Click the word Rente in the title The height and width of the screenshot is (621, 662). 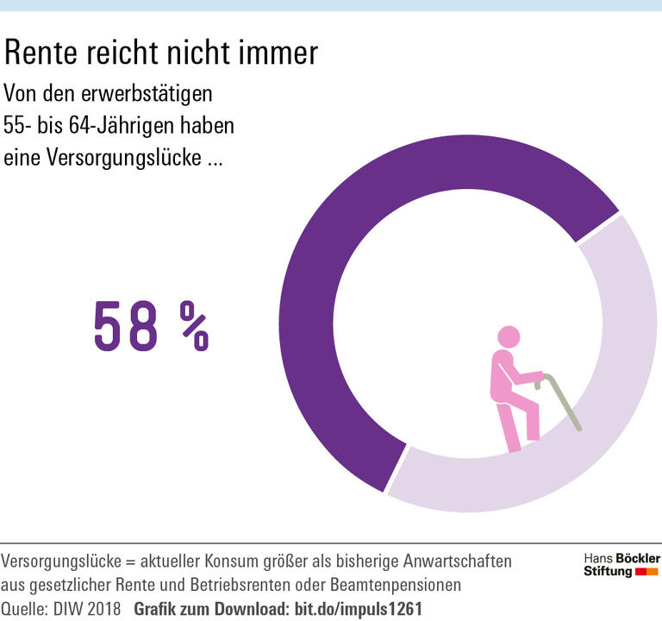point(41,53)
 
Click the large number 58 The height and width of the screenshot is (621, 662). point(127,326)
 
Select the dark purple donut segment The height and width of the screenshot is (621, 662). point(345,259)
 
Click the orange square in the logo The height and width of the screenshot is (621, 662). point(653,572)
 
